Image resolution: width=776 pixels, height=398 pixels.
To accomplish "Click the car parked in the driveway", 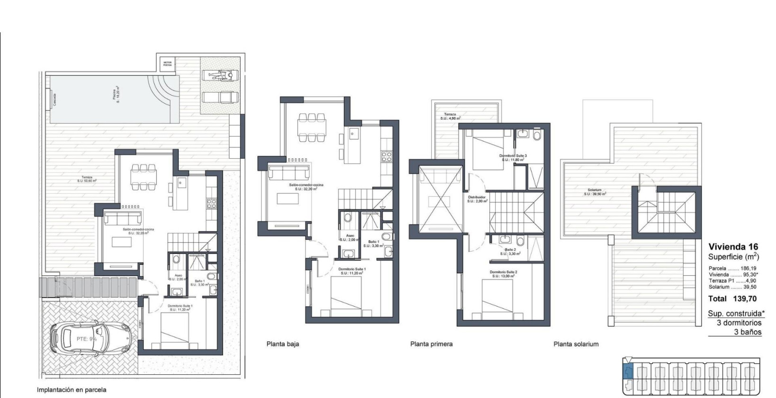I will click(x=90, y=339).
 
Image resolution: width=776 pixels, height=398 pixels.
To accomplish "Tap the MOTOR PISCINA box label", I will click(x=168, y=63).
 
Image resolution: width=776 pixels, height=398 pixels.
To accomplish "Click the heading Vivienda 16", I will click(x=733, y=247).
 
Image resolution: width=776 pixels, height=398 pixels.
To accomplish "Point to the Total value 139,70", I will click(x=745, y=299).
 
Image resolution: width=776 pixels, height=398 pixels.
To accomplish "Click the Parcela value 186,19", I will click(x=747, y=268).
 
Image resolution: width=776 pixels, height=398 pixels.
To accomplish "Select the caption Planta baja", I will click(x=283, y=344).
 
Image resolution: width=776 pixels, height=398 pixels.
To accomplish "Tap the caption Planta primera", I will click(x=431, y=344).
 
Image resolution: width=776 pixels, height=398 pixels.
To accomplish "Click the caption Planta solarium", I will click(x=576, y=344).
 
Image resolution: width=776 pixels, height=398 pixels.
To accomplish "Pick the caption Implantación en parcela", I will click(x=72, y=390).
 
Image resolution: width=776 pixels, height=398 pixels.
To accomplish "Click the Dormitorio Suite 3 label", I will click(x=513, y=158).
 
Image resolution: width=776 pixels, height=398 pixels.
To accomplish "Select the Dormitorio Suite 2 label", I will click(x=503, y=274).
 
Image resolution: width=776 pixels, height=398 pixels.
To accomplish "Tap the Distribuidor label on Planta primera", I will click(x=476, y=199).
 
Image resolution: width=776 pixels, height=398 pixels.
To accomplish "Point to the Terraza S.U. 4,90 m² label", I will click(x=450, y=116).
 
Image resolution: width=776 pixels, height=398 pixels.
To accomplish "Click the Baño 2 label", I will click(x=510, y=252).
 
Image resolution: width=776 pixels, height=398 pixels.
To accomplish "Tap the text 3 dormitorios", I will click(x=739, y=323).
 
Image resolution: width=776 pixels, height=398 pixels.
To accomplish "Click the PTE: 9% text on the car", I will click(x=86, y=339).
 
